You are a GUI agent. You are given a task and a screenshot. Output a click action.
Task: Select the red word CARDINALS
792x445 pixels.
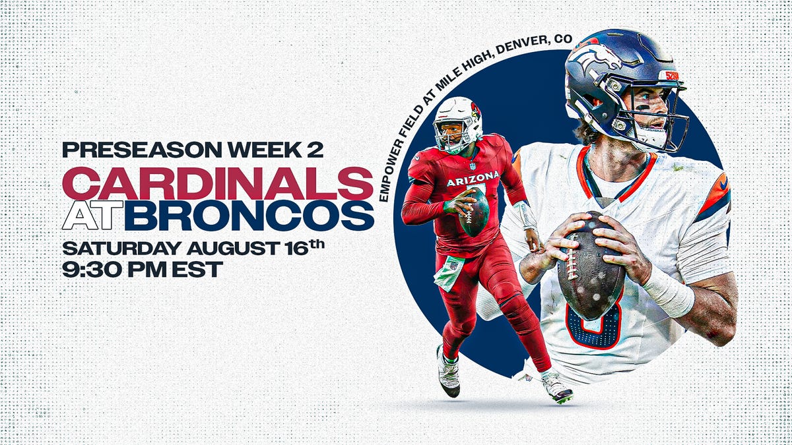point(218,183)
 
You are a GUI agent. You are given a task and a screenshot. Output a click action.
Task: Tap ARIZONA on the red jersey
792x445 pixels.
point(473,178)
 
